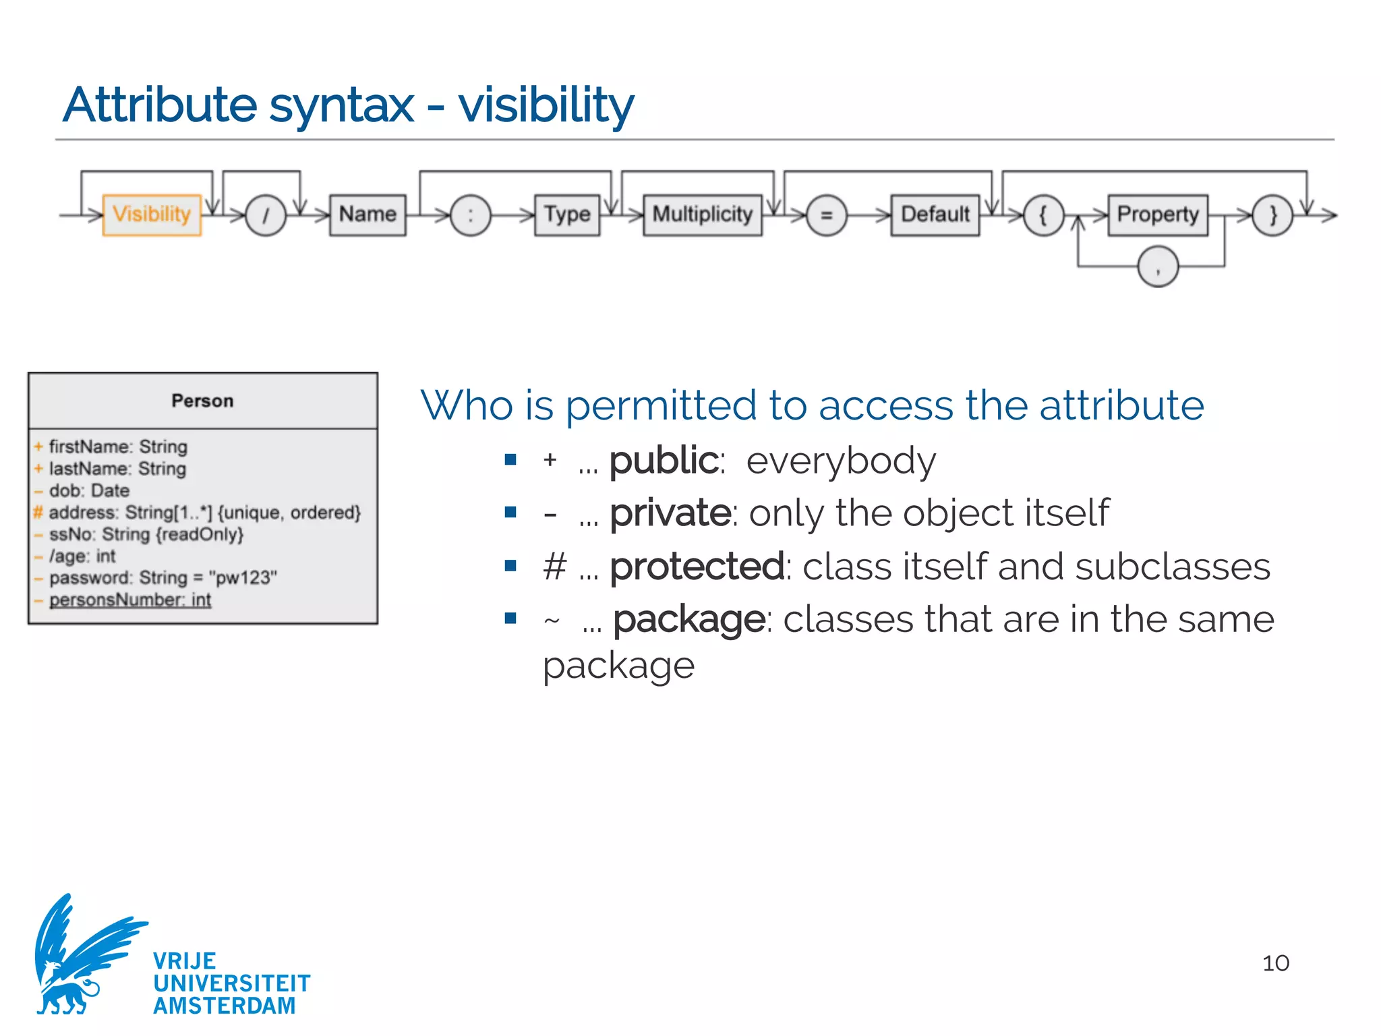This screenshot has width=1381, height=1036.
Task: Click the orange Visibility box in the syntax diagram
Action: point(152,214)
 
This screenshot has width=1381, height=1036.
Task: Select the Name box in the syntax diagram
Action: point(368,214)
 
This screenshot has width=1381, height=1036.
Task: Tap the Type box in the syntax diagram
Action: point(567,214)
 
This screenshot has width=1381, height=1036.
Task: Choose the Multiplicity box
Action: point(702,214)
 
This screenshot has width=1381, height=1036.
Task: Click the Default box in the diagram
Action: point(935,214)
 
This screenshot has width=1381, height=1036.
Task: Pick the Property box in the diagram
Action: point(1158,214)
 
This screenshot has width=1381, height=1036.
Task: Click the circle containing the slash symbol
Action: point(266,216)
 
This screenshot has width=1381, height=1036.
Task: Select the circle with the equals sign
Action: point(826,216)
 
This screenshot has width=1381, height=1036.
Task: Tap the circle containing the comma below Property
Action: point(1158,267)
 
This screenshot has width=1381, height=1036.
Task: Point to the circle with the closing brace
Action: point(1272,216)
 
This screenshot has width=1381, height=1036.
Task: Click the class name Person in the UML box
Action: point(202,401)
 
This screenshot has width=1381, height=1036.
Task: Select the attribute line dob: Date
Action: point(89,490)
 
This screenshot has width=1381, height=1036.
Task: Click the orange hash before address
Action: point(38,513)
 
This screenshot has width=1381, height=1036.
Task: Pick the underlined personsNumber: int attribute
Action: point(130,600)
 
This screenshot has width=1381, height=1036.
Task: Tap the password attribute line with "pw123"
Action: point(163,578)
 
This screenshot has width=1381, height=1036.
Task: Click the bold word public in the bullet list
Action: point(664,461)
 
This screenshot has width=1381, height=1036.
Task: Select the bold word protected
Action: point(697,567)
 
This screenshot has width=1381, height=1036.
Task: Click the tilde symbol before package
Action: point(552,621)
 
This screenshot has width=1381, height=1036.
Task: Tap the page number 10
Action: point(1275,963)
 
